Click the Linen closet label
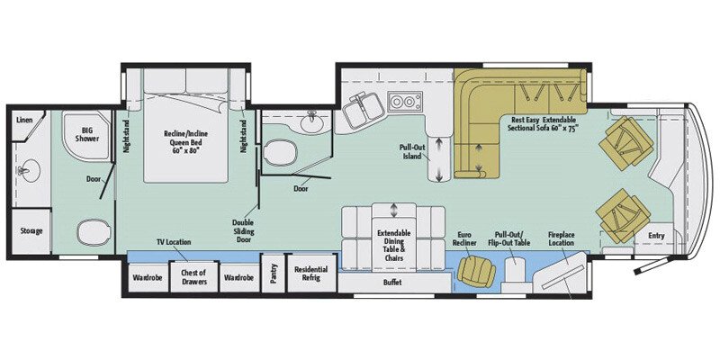pyautogui.click(x=25, y=119)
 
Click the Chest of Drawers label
pyautogui.click(x=193, y=277)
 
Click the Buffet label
pyautogui.click(x=391, y=283)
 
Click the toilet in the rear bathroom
pyautogui.click(x=91, y=235)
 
